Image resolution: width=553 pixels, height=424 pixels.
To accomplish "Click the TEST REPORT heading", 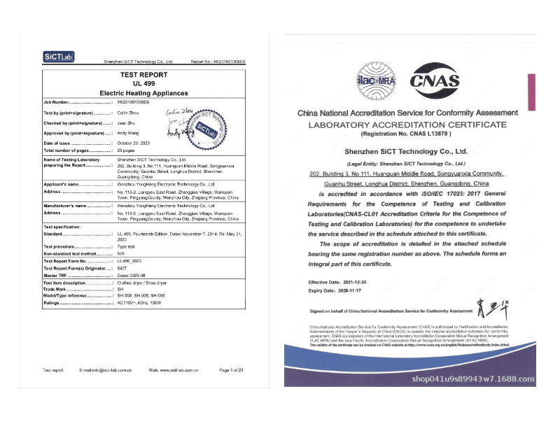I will (x=143, y=74).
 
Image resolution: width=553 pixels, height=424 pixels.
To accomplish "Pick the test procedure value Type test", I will (x=127, y=248).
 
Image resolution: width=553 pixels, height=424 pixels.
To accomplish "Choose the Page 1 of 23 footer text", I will (x=231, y=369).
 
